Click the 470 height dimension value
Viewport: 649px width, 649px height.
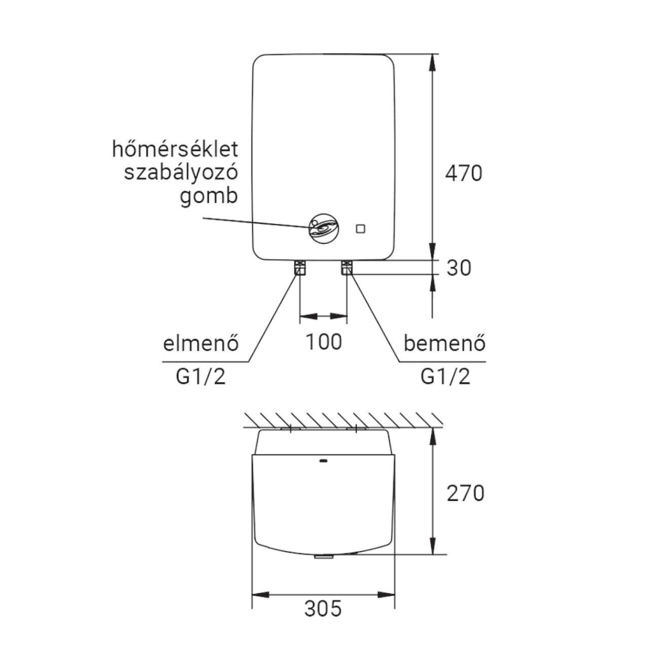coord(464,174)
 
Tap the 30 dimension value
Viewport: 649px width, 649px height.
coord(459,268)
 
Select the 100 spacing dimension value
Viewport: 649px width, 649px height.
coord(323,342)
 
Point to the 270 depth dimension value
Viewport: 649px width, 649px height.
coord(465,494)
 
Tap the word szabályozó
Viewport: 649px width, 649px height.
coord(181,173)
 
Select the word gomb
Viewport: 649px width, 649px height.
coord(209,197)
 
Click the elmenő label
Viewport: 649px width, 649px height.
coord(201,344)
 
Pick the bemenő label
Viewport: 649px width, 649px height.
coord(445,344)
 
